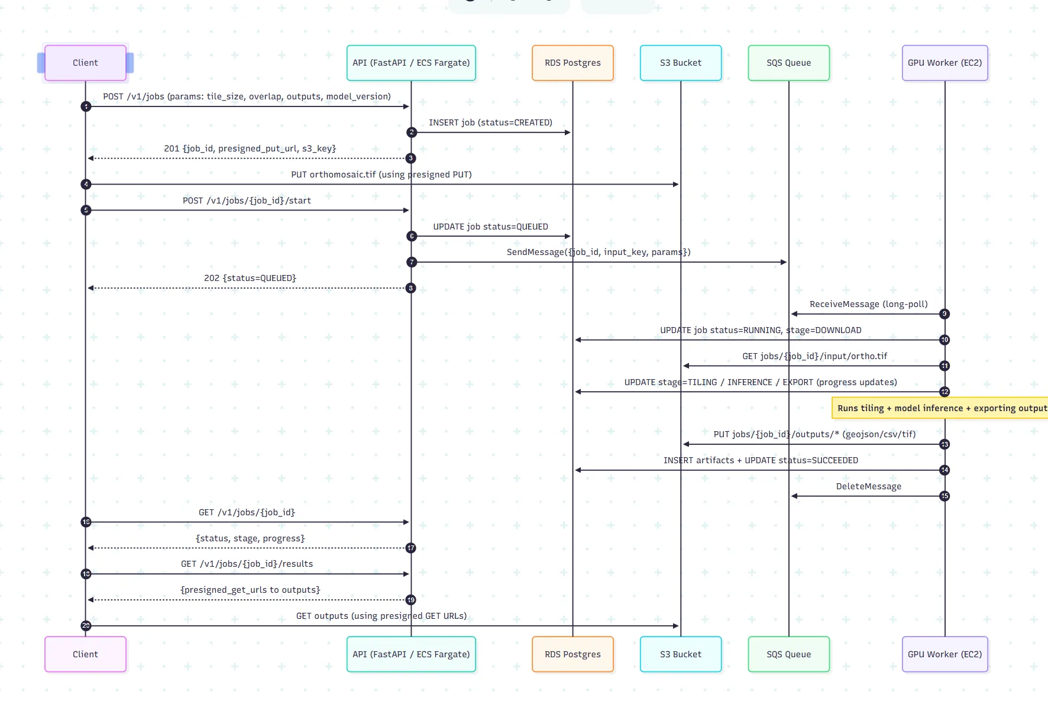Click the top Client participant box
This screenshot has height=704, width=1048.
85,63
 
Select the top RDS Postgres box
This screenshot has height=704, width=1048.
572,63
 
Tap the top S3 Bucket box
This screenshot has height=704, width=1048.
681,63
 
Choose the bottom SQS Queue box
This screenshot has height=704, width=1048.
789,654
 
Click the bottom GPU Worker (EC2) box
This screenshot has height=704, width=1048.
945,654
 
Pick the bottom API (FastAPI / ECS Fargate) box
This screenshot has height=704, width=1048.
411,654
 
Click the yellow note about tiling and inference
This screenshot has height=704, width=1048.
940,408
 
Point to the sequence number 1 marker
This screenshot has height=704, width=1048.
86,106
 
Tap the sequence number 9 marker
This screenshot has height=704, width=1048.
945,314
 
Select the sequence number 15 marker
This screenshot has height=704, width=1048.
945,496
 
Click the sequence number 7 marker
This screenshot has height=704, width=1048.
412,262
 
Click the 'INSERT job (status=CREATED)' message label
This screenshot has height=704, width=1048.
491,122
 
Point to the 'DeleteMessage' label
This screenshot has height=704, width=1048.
869,486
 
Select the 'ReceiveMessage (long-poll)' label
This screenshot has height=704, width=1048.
869,304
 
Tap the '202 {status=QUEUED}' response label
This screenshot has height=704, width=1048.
250,278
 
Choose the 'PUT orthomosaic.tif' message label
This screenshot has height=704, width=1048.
381,175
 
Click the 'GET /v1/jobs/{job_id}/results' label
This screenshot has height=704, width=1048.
247,564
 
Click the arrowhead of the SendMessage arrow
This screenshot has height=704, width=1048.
784,262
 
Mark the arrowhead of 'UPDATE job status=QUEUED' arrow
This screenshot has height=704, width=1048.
567,236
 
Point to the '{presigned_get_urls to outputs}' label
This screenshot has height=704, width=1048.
250,590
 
